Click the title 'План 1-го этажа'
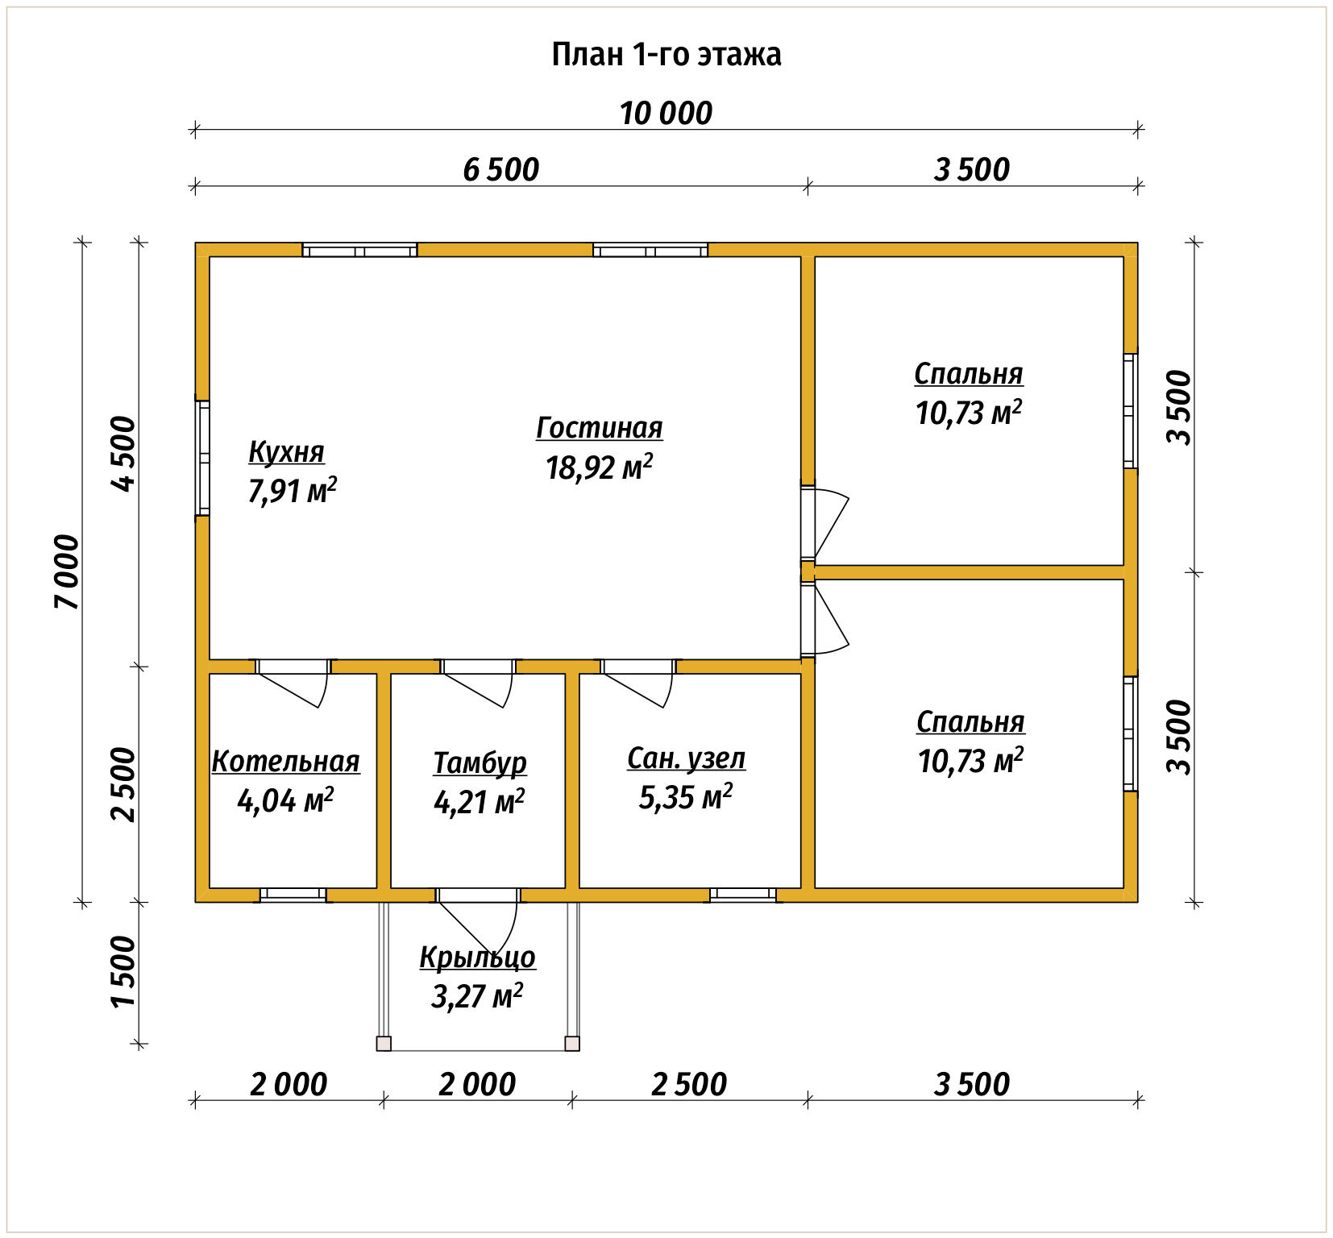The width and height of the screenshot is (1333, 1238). tap(666, 55)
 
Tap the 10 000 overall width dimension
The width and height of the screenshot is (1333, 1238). tap(666, 114)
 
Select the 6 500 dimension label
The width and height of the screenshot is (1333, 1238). tap(500, 170)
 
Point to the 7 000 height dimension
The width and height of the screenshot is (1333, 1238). tap(68, 571)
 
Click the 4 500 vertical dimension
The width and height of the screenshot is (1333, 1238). tap(124, 453)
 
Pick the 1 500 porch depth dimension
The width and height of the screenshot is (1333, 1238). tap(124, 971)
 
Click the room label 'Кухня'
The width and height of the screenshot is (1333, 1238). tap(286, 452)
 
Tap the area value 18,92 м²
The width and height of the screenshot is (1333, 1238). tap(599, 467)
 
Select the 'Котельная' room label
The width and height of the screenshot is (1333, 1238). tap(286, 762)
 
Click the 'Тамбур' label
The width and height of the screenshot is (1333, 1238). tap(480, 762)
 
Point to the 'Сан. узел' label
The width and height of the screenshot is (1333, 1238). tap(687, 758)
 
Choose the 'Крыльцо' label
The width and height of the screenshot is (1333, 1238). tap(477, 958)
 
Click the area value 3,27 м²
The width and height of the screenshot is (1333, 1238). tap(477, 996)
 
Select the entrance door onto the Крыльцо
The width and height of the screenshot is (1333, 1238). tap(478, 923)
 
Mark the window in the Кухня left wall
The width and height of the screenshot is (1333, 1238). tap(203, 458)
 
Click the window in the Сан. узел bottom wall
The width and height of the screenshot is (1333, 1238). tap(743, 895)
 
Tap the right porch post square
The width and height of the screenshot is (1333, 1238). tap(572, 1044)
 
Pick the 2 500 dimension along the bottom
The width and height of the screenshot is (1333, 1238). tap(689, 1085)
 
